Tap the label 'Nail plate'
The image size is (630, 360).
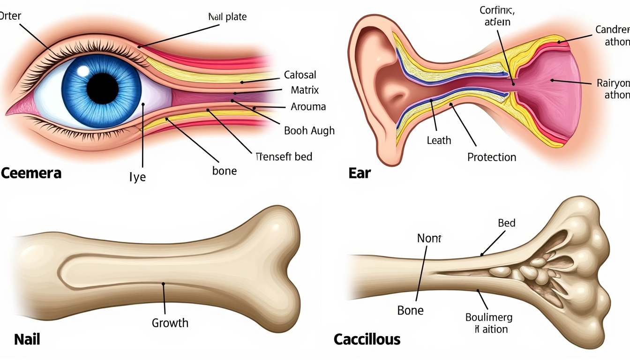pos(227,17)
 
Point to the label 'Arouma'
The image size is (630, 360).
pos(308,106)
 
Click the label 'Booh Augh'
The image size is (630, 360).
pos(309,131)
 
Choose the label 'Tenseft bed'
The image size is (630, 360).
pos(284,157)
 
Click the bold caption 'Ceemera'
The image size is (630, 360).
pos(31,173)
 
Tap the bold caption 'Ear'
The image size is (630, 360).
pos(360,173)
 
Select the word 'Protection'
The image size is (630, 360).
pos(491,157)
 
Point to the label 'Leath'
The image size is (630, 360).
pos(439,140)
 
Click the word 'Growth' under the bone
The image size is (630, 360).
pos(170,323)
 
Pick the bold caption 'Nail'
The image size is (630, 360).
pos(27,339)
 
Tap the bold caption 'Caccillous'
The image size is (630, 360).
pos(367,339)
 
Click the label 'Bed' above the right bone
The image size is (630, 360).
pos(506,223)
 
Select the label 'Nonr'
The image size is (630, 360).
pos(429,239)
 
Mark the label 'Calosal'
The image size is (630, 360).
pos(300,75)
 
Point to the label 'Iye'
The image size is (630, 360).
pos(137,178)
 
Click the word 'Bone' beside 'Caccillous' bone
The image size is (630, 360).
pos(410,310)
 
